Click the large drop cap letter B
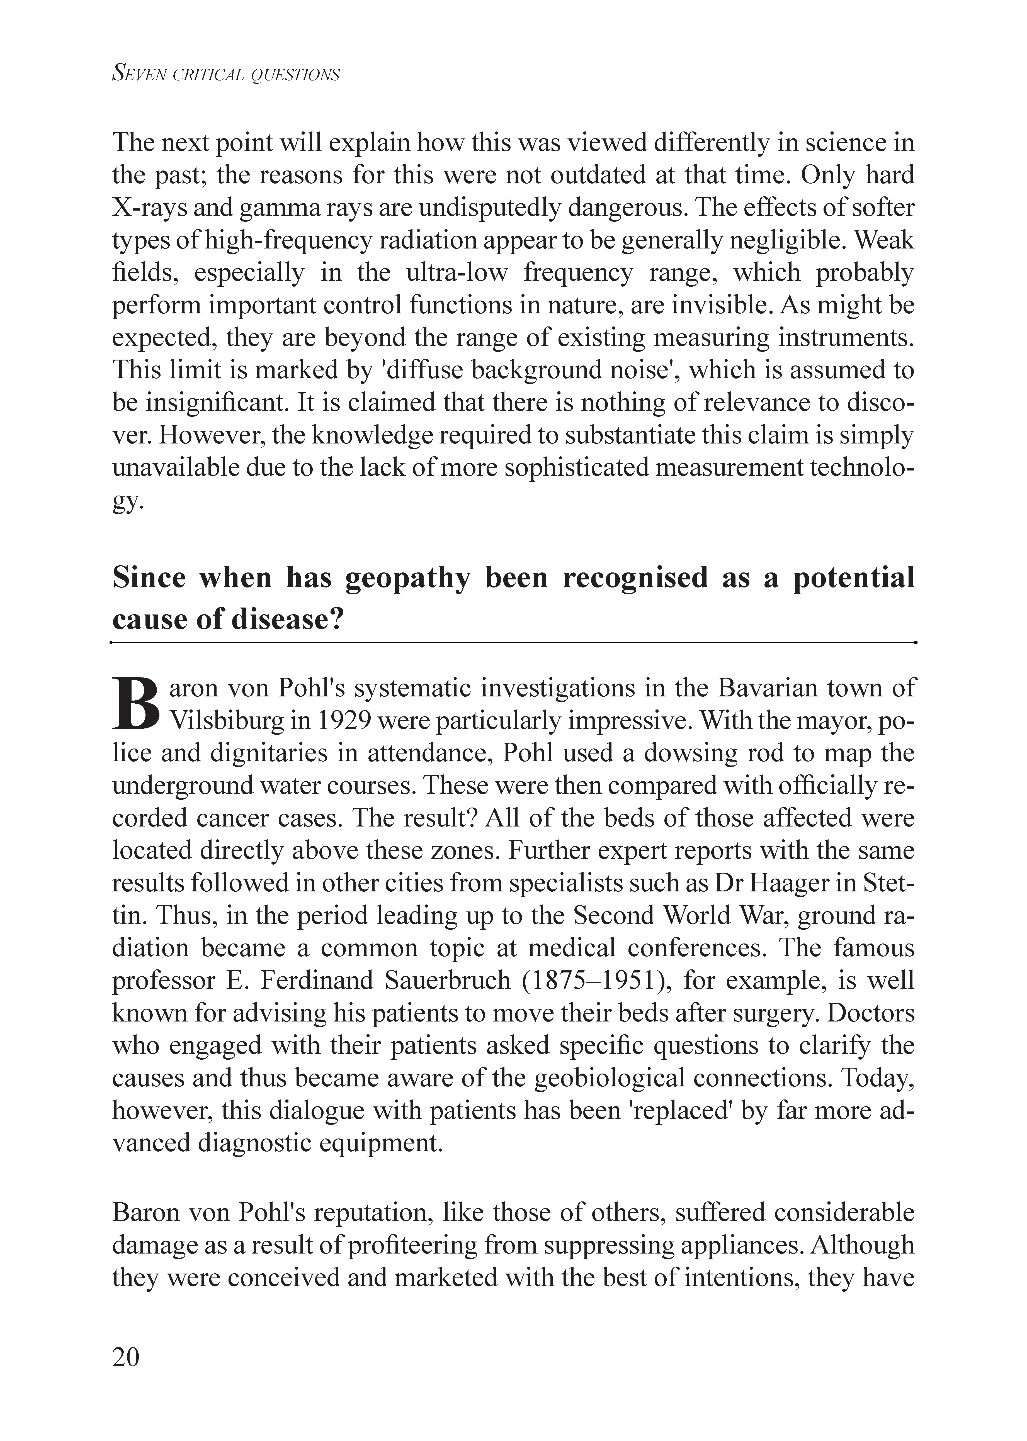coord(137,703)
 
